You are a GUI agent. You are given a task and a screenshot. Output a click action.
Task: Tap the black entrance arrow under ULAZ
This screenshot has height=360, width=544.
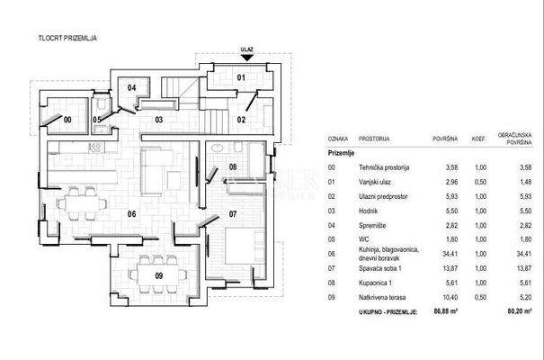pos(247,60)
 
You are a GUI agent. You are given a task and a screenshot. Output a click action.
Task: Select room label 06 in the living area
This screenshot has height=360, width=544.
pos(130,213)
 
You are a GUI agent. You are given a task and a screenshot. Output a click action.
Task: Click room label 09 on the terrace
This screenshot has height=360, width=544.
pos(159,275)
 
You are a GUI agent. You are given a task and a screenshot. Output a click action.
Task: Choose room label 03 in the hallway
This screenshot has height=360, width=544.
pos(157,119)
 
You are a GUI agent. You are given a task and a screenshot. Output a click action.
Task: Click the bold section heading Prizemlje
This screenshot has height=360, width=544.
pos(343,154)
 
